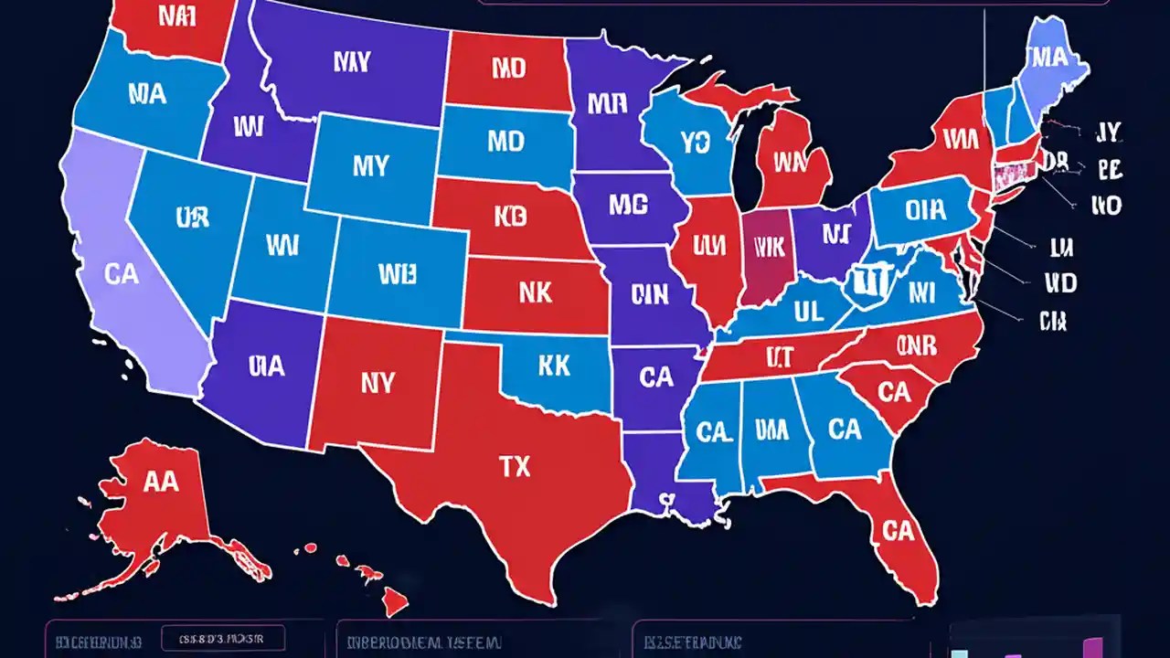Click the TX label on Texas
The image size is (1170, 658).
tap(515, 467)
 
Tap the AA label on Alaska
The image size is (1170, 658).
tap(161, 483)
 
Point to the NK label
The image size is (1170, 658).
tap(535, 292)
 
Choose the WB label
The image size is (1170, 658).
tap(397, 272)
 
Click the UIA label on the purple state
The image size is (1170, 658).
tap(266, 366)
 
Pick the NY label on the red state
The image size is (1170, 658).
tap(378, 383)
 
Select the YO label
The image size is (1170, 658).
tap(696, 142)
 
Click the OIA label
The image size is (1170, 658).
tap(926, 209)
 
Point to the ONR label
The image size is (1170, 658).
tap(916, 345)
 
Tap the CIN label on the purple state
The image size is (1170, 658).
tap(650, 293)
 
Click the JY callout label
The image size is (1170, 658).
tap(1107, 133)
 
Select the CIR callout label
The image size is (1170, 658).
tap(1053, 321)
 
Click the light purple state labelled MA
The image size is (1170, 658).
tap(1048, 58)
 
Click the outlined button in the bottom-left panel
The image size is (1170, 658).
tap(223, 638)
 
